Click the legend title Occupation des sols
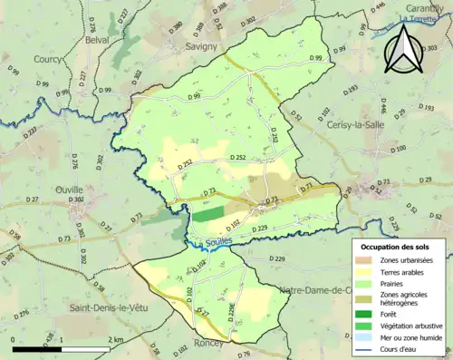click(x=396, y=247)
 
